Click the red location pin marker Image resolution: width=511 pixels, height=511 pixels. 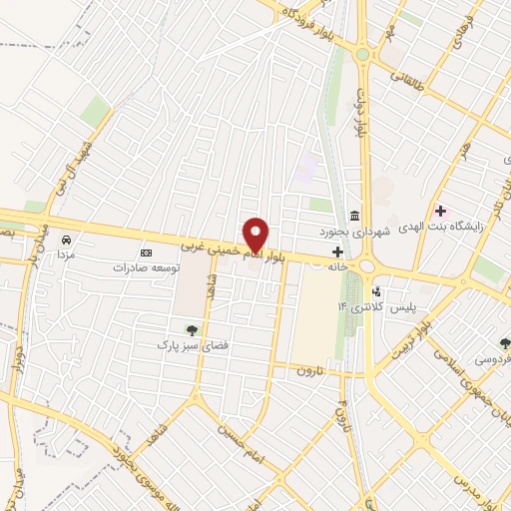(256, 234)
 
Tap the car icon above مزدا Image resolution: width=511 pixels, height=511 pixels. (66, 241)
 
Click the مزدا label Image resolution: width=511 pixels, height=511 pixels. (66, 255)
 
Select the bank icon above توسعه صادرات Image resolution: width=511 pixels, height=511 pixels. (147, 253)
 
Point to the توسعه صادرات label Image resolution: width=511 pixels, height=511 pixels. (147, 267)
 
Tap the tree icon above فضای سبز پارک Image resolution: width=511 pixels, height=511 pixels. (192, 328)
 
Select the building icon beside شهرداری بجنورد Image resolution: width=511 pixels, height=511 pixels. (354, 217)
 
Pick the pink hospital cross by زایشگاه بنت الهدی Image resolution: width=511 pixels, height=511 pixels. (440, 212)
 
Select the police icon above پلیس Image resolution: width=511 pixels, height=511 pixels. (376, 291)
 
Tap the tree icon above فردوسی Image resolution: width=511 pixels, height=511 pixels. (505, 342)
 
